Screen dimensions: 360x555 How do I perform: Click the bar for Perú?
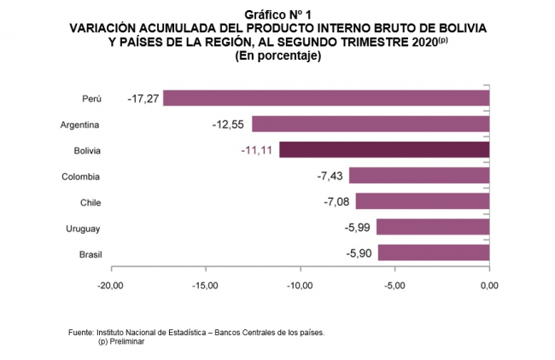coord(326,98)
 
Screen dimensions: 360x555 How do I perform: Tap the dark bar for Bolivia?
coord(384,150)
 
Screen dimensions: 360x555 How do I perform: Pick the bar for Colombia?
coord(419,177)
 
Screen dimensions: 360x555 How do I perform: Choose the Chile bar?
coord(423,202)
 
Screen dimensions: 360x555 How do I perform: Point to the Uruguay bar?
coord(433,228)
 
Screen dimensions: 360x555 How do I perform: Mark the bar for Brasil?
coord(434,253)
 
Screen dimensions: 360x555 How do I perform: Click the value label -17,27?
coord(143,99)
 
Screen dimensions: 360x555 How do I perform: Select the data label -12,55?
coord(227,125)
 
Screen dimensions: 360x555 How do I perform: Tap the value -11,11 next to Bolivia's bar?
coord(256,150)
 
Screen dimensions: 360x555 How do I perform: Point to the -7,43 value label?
coord(329,177)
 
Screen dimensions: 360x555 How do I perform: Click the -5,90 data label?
coord(358,253)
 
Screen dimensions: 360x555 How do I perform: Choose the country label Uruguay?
coord(83,228)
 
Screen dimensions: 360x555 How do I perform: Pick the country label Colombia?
coord(81,177)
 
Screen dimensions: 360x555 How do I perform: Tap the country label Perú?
coord(91,99)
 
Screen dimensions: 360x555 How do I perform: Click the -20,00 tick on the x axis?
coord(110,285)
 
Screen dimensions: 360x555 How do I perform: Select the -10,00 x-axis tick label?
coord(300,285)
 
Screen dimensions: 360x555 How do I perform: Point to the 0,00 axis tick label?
coord(489,285)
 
